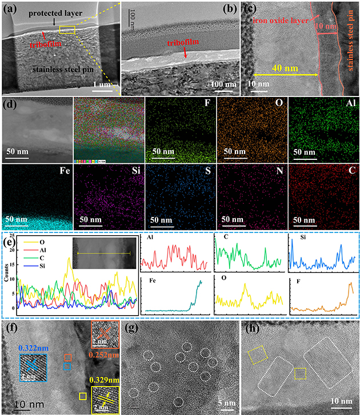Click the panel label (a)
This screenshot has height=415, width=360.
11,10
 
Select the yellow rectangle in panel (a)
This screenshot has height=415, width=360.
67,30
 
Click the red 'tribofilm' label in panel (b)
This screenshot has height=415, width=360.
185,42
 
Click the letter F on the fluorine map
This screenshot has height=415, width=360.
207,106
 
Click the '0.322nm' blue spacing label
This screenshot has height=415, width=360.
33,348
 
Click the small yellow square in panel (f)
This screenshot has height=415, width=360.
83,396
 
